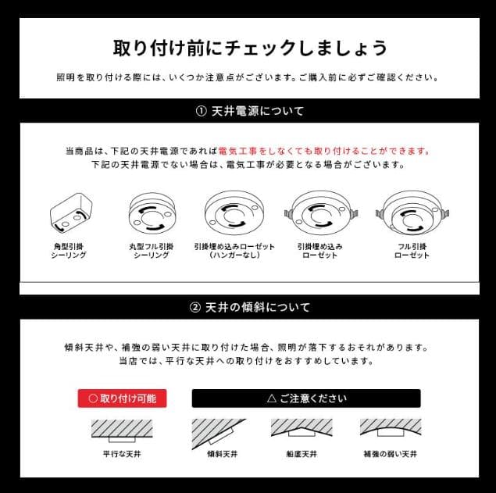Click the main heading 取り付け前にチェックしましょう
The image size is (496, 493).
point(249,48)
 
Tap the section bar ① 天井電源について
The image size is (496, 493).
point(249,111)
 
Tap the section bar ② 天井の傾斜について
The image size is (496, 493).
point(249,307)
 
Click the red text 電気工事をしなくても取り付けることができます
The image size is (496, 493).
point(324,151)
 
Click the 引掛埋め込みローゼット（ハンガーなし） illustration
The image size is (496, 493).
point(234,213)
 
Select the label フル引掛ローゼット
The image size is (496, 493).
point(412,251)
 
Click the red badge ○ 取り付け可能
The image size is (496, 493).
point(122,398)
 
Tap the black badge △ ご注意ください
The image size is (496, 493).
point(306,398)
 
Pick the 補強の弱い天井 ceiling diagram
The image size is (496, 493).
point(390,428)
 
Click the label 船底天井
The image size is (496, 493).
point(302,453)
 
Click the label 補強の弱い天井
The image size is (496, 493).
point(390,453)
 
